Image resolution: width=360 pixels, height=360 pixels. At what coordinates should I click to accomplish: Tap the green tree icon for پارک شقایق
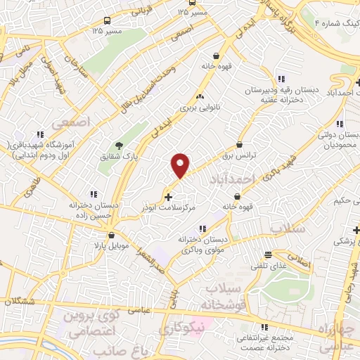click(x=120, y=146)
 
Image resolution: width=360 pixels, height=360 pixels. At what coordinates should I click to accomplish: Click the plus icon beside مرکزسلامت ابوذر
click(x=167, y=196)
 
